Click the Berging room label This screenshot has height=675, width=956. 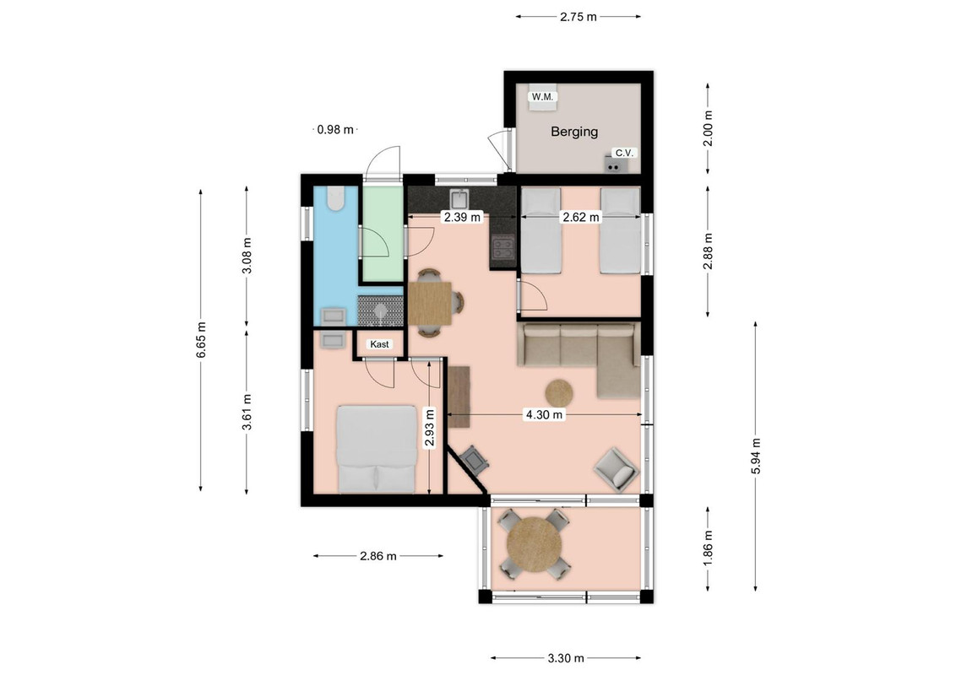pos(574,132)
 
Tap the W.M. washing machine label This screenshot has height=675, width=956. pos(542,97)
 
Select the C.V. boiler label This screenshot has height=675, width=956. pos(624,153)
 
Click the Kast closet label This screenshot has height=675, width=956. pos(379,344)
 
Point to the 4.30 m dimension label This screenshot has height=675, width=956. pos(544,415)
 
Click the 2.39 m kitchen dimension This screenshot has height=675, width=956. pos(462,216)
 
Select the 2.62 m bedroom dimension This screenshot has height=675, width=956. pos(580,217)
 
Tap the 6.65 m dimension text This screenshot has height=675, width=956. pos(201,340)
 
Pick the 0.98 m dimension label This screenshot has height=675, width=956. pos(335,129)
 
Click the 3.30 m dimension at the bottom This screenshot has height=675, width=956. pos(566,658)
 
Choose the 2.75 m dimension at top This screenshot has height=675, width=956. pos(578,17)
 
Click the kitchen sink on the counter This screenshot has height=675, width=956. pos(459,199)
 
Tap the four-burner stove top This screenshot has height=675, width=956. pos(503,247)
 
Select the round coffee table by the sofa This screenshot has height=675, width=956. pos(558,393)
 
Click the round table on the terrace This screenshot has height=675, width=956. pos(535,544)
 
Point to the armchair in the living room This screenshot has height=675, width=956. pos(617,468)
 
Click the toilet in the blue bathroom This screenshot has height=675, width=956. pos(334,198)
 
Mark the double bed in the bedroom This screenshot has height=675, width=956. pos(377,449)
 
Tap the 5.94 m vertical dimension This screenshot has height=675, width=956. pos(756,456)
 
